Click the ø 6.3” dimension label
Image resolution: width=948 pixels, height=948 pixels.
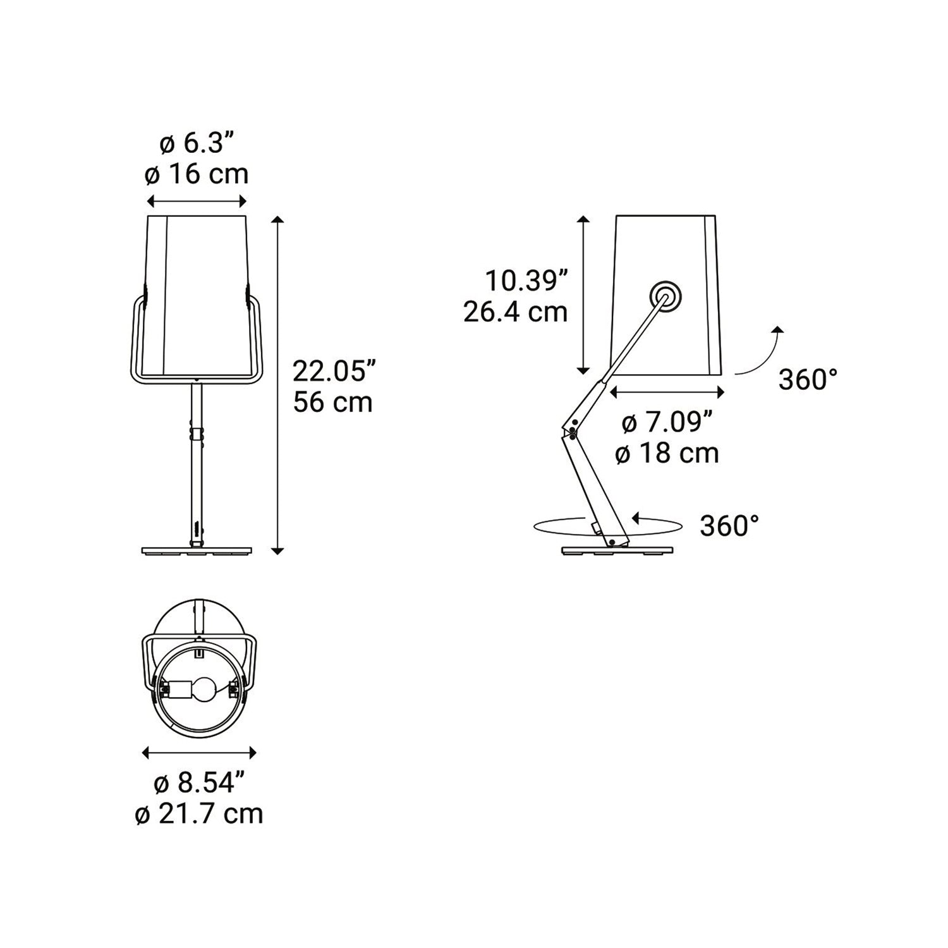(197, 144)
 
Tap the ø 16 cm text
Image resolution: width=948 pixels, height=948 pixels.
(197, 174)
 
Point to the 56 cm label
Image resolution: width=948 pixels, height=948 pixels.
(333, 403)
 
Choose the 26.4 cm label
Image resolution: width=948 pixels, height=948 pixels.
(516, 312)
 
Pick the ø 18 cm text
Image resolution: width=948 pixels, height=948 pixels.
(667, 453)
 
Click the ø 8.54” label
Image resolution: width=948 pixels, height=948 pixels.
(199, 784)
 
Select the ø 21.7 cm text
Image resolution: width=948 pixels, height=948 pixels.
(199, 814)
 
